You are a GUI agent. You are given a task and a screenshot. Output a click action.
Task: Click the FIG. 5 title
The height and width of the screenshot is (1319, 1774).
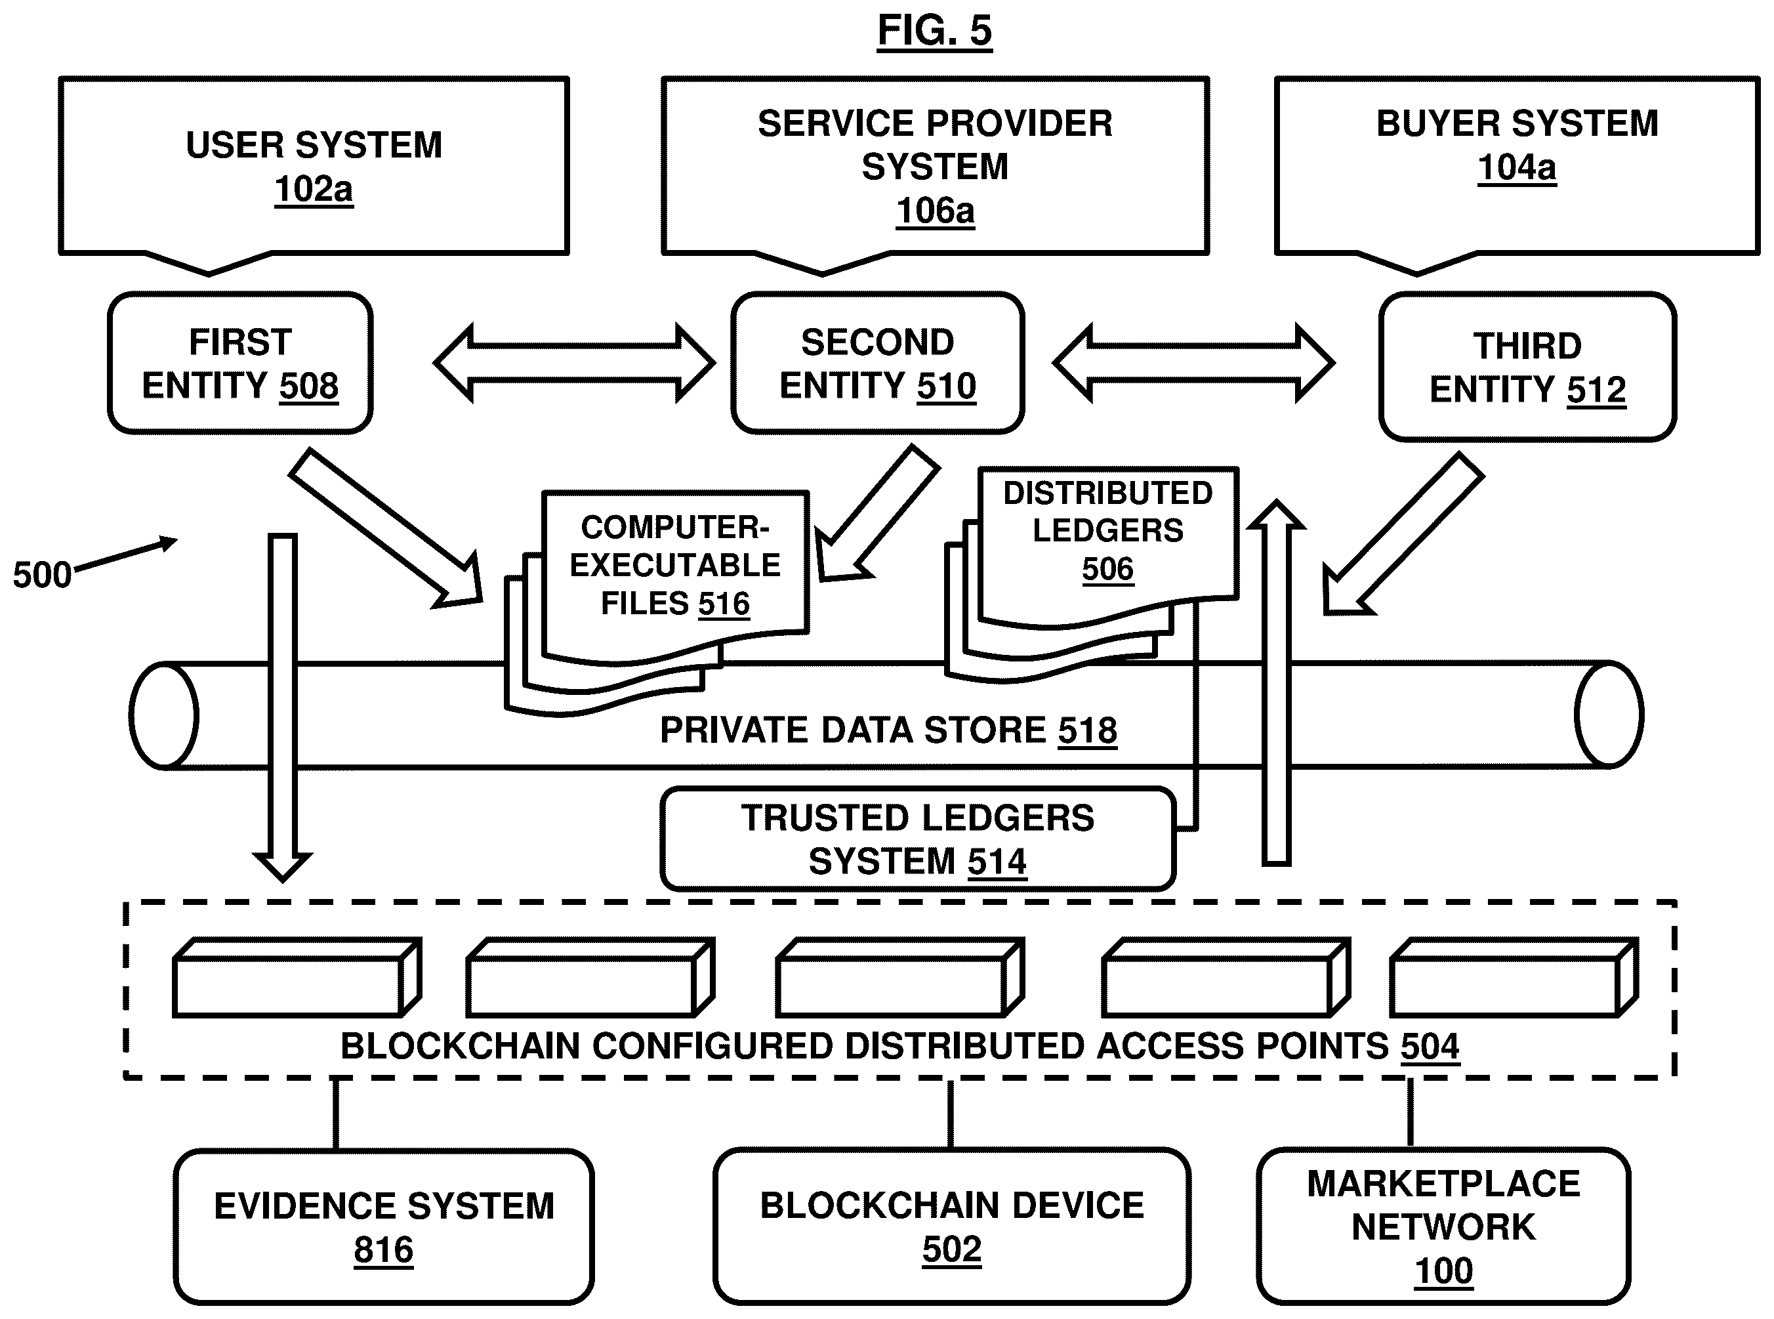coord(934,31)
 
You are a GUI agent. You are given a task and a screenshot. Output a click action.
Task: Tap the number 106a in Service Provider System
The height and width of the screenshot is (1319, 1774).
coord(936,211)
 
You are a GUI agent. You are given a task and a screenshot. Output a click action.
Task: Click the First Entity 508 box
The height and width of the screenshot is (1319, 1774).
coord(240,364)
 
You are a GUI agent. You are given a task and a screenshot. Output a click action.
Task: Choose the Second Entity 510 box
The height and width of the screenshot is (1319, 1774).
coord(877,364)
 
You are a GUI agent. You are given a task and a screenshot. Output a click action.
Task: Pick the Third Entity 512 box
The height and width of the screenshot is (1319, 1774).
coord(1527,367)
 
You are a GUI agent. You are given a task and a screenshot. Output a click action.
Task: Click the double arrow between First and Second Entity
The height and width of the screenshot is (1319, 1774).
coord(574,364)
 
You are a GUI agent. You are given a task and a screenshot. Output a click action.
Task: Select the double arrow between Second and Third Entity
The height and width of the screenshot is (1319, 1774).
coord(1193,364)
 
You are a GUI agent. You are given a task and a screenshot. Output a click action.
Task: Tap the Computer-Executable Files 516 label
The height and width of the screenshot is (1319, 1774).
coord(674,565)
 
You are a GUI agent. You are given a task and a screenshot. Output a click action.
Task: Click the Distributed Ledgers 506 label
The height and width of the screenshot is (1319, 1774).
coord(1107,531)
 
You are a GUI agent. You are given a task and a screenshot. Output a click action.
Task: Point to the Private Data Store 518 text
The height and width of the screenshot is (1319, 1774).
coord(888,730)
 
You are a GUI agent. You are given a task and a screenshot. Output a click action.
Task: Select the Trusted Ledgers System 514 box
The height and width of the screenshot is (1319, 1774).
coord(918,839)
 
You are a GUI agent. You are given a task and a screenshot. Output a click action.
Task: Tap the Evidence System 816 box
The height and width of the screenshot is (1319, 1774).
coord(384,1227)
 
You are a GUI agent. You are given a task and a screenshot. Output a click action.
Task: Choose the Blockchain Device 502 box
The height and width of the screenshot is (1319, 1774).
coord(951,1227)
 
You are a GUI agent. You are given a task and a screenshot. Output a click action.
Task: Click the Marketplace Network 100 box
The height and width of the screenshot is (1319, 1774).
coord(1443,1227)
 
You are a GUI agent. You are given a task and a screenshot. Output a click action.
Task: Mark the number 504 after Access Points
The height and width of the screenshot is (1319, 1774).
coord(1430,1047)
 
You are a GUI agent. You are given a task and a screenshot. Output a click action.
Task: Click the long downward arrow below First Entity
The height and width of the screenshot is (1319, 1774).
coord(283,703)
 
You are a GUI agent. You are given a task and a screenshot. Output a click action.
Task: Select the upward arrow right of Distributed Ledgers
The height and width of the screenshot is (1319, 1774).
coord(1276,686)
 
